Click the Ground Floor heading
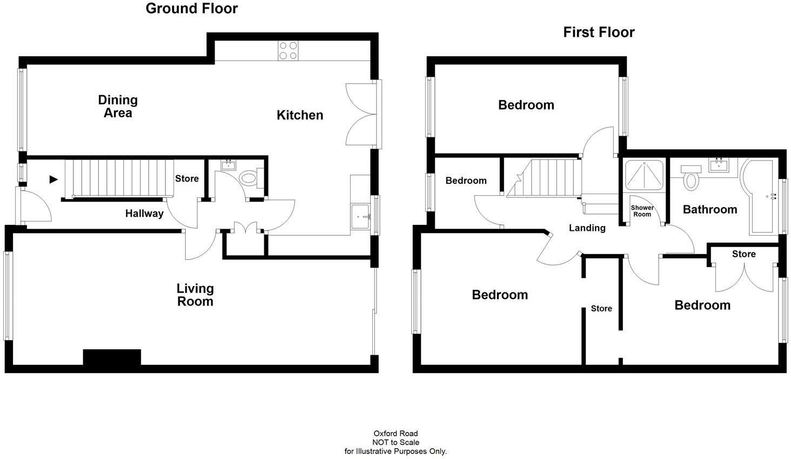click(x=191, y=9)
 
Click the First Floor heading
click(x=599, y=32)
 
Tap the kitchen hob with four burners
click(x=288, y=51)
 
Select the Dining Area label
click(x=118, y=107)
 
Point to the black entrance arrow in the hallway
click(x=53, y=179)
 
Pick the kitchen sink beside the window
click(x=360, y=217)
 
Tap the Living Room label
click(x=195, y=295)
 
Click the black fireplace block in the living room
click(x=112, y=357)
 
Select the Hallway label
click(x=144, y=214)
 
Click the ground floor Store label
click(x=187, y=179)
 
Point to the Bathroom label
click(x=709, y=210)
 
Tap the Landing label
click(x=587, y=228)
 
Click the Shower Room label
click(x=642, y=211)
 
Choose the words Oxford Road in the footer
click(x=395, y=434)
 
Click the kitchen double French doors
click(x=361, y=114)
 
